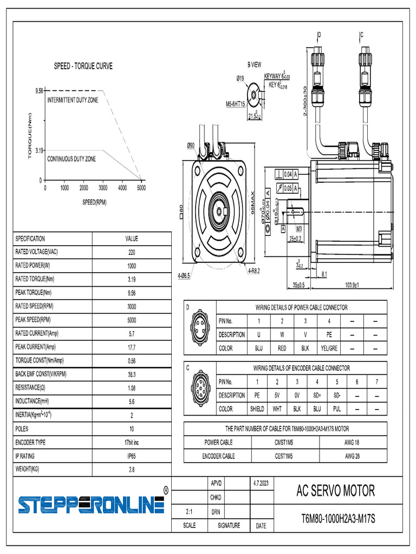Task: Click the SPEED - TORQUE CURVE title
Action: tap(83, 66)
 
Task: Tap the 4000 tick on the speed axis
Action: tap(122, 188)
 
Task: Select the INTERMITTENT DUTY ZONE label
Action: tap(73, 101)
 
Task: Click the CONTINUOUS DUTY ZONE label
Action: tap(71, 159)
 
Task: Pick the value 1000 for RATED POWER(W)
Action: tap(132, 266)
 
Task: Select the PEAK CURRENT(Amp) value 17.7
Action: tap(132, 347)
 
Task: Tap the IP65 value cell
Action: tap(132, 456)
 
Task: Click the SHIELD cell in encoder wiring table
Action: tap(257, 409)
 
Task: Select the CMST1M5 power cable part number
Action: tap(285, 443)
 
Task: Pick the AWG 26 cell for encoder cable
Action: tap(353, 456)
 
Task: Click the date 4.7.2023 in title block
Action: tap(261, 482)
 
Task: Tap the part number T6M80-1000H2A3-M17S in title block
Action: tap(338, 519)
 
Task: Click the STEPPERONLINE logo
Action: tap(91, 504)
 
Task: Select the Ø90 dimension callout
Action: tap(191, 146)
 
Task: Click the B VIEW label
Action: tap(255, 64)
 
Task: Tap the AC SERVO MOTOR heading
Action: tap(335, 491)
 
